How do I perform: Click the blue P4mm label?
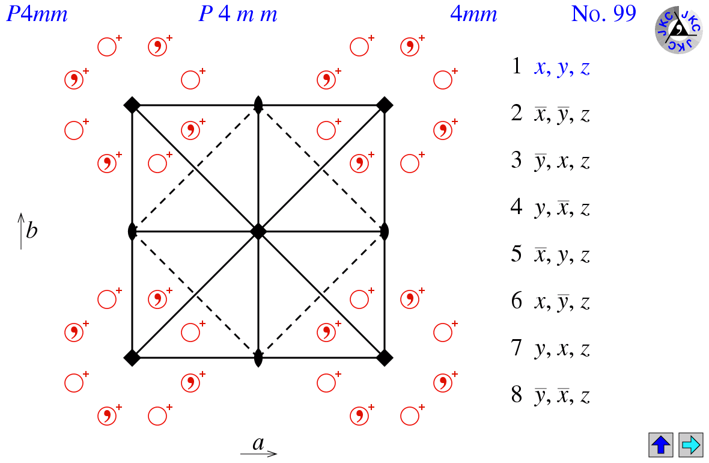(37, 14)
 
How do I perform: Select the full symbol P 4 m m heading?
(238, 14)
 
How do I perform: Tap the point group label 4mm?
(473, 14)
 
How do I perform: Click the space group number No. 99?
(603, 14)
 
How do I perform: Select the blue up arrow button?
(660, 445)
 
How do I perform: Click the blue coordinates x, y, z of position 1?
(562, 68)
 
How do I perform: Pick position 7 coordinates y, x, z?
(562, 349)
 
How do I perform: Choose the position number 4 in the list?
(517, 207)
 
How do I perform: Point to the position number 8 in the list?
(517, 395)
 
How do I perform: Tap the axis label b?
(31, 230)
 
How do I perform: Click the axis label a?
(258, 444)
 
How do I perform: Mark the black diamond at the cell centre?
(258, 231)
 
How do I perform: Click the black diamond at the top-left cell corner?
(132, 105)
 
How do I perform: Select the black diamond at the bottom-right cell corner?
(385, 358)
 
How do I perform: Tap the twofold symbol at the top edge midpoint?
(258, 105)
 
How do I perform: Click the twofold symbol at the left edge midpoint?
(132, 231)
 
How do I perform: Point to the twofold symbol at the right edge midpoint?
(385, 231)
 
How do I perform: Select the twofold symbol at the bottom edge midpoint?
(258, 358)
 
